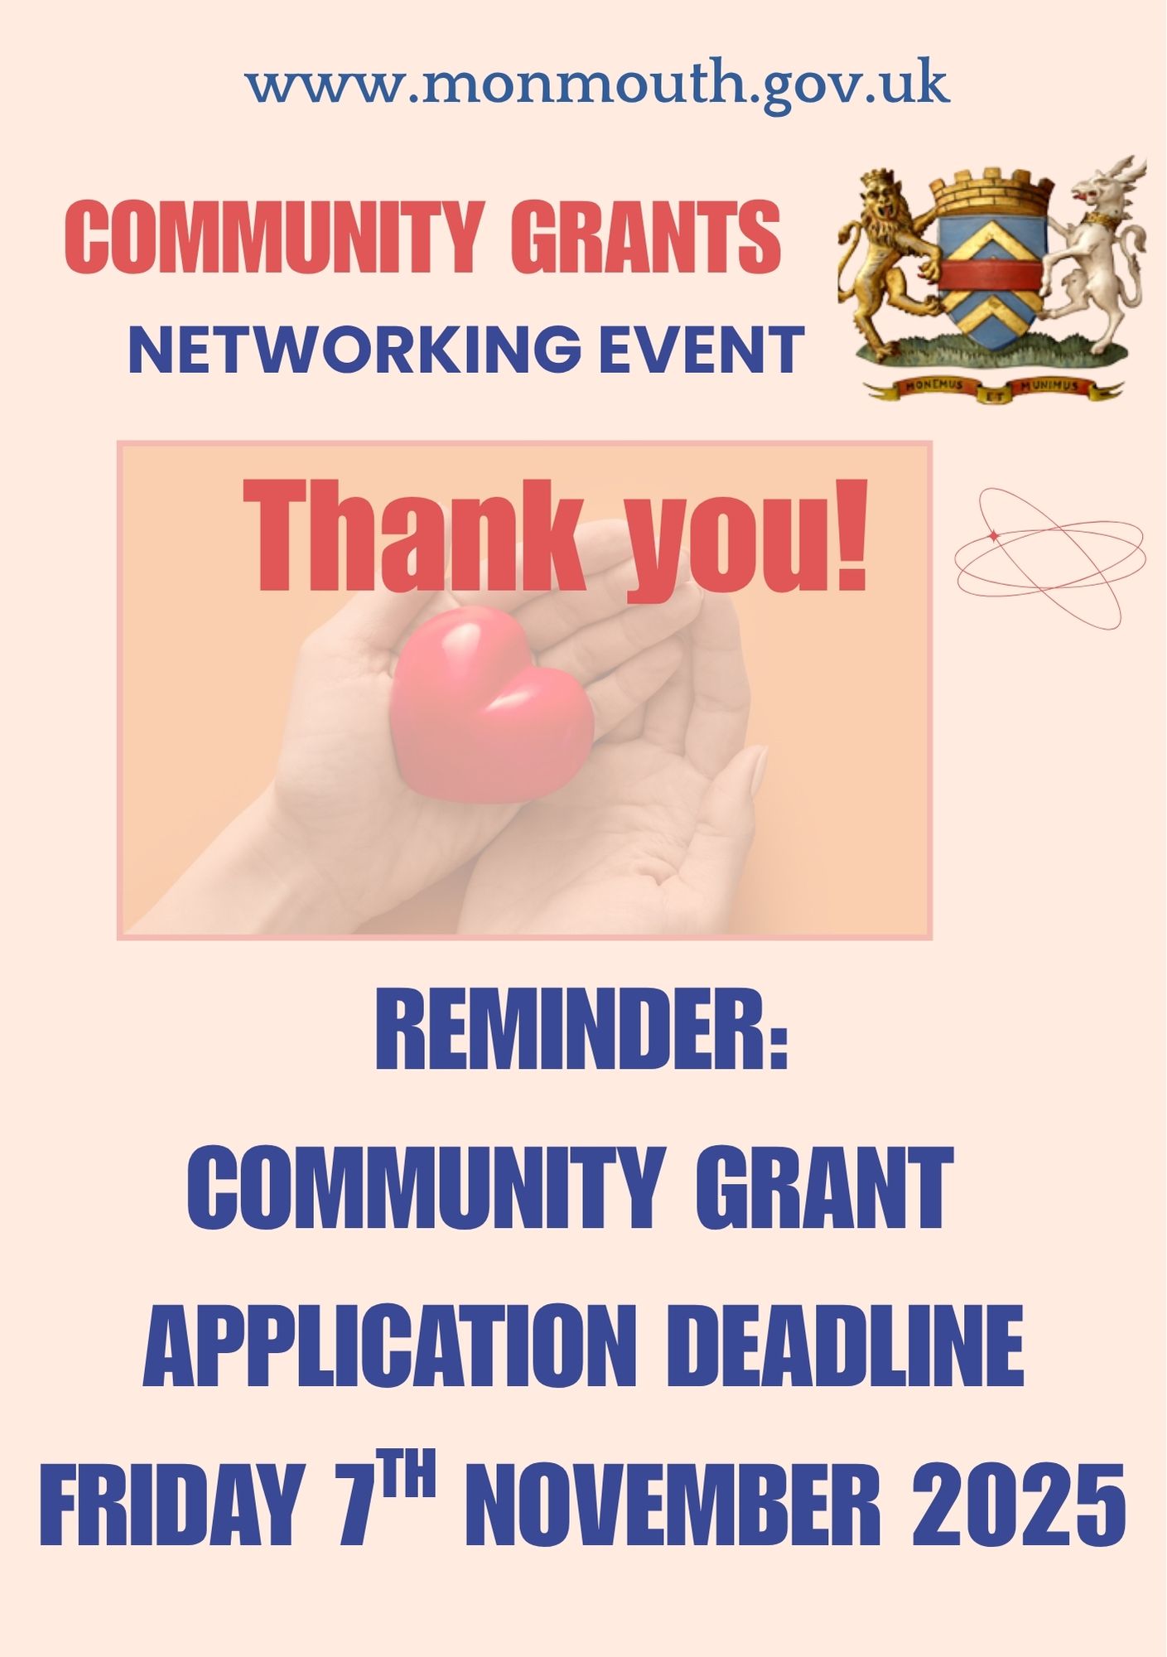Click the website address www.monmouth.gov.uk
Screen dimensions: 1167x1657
(596, 85)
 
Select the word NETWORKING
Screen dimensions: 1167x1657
(355, 350)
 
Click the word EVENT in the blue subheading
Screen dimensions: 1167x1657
(701, 350)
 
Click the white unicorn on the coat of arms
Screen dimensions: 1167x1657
(1093, 249)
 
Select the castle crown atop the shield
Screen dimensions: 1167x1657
(991, 192)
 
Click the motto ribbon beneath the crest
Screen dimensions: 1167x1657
(993, 388)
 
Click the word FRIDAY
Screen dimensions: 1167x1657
(169, 1504)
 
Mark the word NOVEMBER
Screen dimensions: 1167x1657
(673, 1504)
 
